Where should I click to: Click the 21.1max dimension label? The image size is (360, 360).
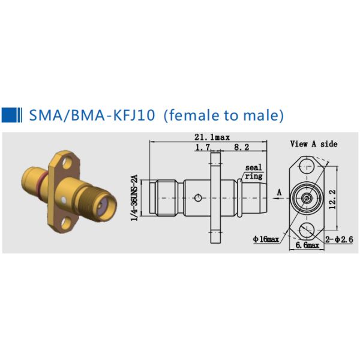click(212, 137)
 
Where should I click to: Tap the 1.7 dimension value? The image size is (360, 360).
click(203, 147)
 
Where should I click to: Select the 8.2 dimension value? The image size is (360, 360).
click(242, 147)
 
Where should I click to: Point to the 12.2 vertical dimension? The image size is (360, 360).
click(332, 199)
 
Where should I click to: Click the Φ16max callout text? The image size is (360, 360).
click(266, 239)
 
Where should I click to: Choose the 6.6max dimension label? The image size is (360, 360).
click(307, 245)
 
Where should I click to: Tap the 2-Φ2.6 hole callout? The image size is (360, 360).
click(339, 239)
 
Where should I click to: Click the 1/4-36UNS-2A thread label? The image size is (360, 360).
click(134, 197)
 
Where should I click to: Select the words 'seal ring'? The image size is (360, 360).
click(253, 172)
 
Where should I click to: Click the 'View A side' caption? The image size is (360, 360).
click(314, 144)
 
